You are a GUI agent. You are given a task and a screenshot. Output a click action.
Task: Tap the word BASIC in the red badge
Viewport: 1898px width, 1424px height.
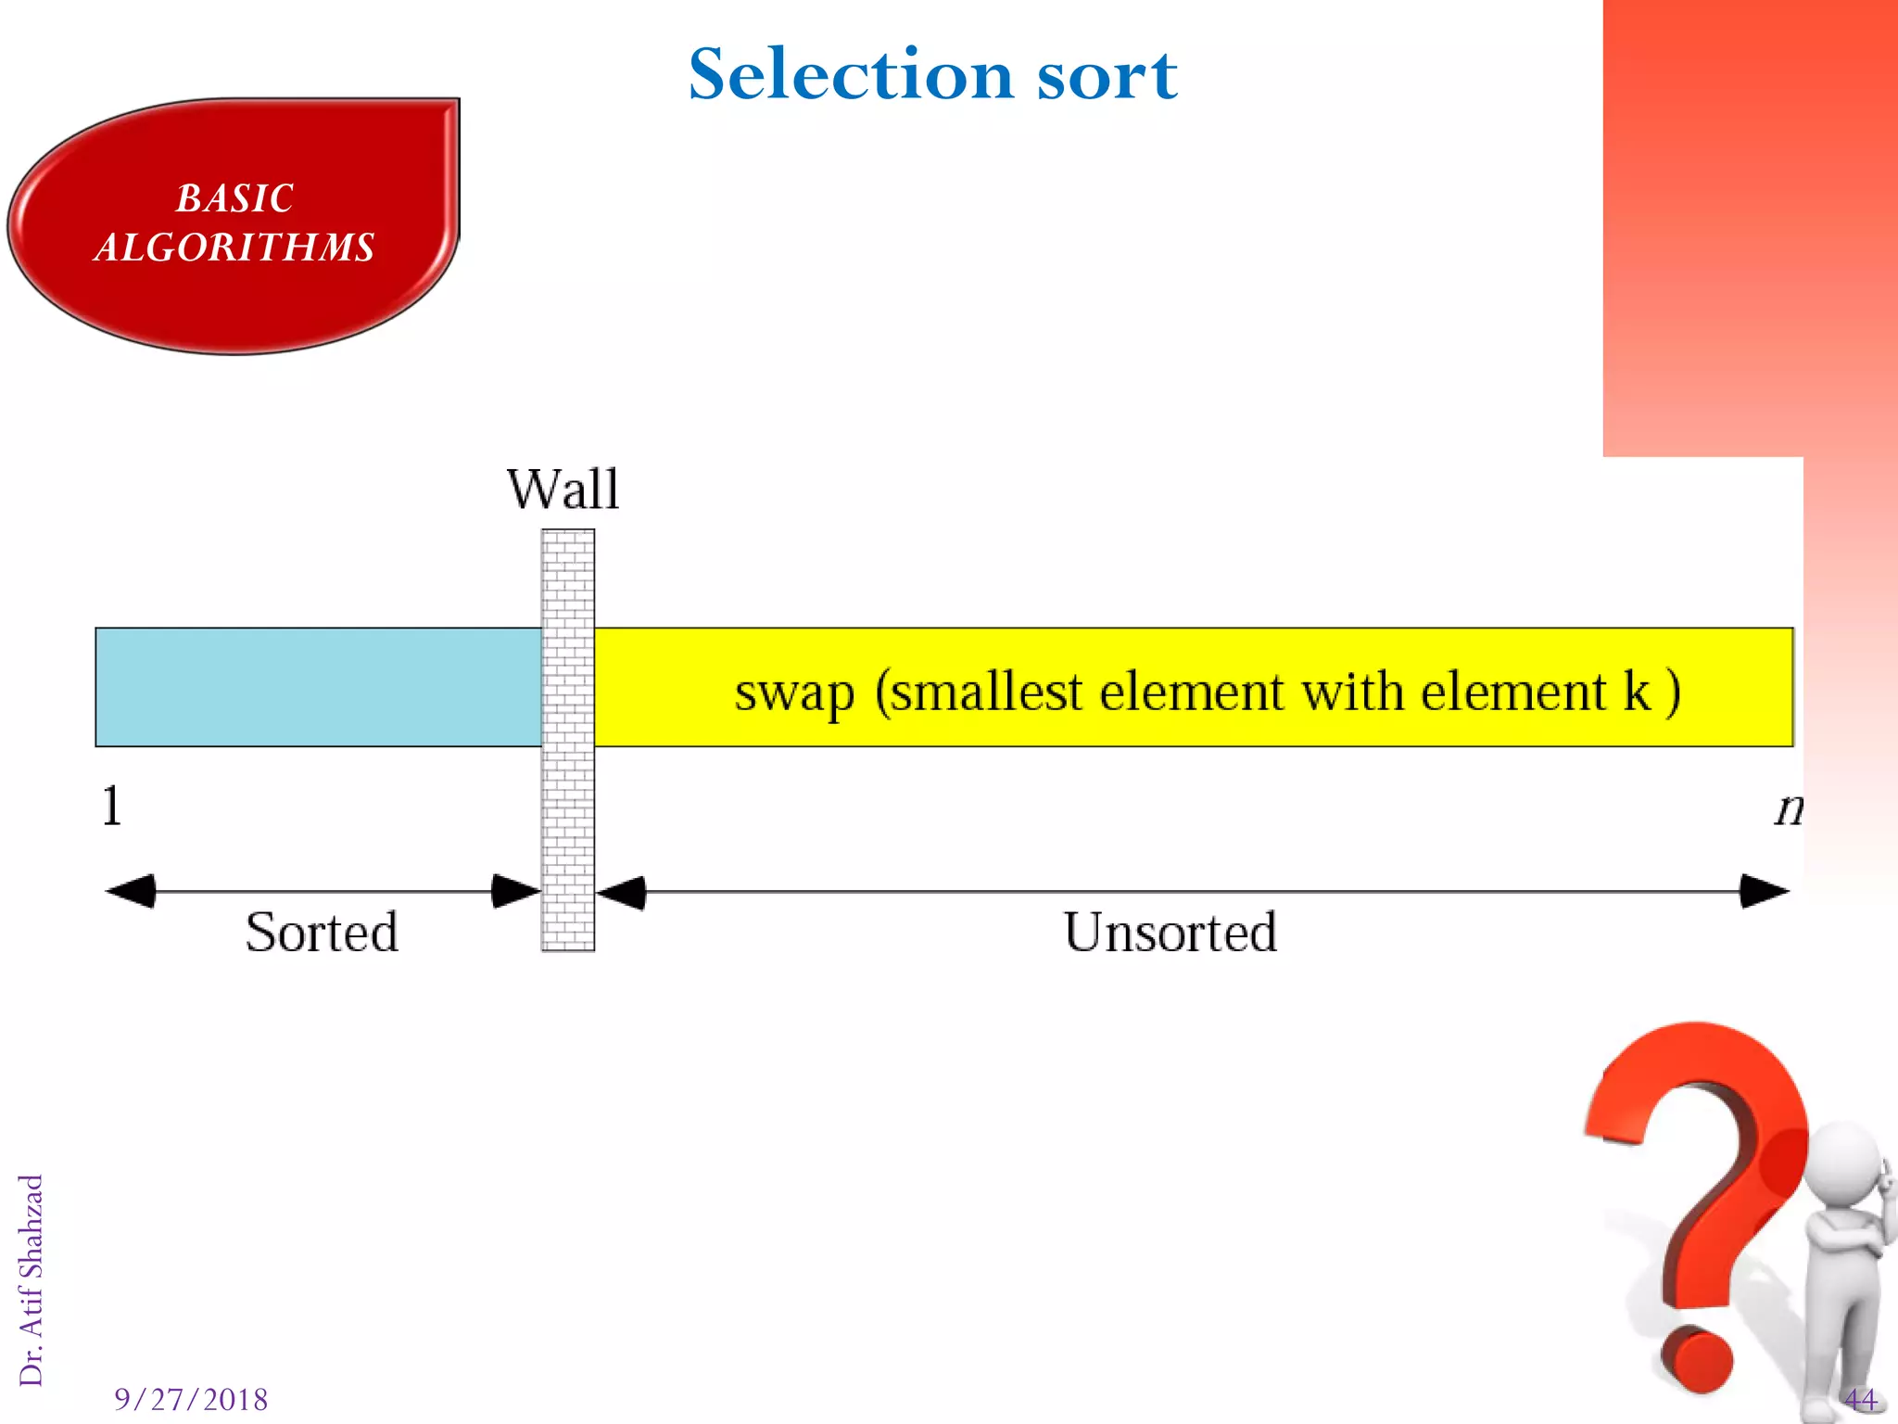click(234, 198)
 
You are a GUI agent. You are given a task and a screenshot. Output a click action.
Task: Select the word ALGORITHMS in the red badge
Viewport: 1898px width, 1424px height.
click(234, 248)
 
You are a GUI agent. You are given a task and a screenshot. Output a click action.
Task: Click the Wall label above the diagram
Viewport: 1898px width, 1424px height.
click(563, 489)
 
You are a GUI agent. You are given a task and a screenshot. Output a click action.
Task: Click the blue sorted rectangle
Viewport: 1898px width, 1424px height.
click(318, 687)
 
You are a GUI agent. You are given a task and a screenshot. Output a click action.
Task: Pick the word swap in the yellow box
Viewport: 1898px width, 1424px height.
click(794, 693)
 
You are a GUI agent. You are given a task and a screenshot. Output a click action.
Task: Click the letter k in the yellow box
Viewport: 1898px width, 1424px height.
click(1637, 691)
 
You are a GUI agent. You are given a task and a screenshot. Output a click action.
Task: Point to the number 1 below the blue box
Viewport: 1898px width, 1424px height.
click(111, 806)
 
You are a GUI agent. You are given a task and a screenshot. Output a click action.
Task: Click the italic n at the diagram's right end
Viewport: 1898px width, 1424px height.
click(1788, 808)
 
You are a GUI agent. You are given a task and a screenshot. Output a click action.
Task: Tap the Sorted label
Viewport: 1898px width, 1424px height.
click(322, 932)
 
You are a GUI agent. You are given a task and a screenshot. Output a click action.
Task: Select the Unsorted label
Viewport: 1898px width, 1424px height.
click(1170, 932)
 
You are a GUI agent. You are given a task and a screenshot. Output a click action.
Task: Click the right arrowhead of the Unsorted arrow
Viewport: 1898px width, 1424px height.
click(1765, 891)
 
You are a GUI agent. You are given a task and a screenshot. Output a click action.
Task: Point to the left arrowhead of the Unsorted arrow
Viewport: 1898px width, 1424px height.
click(621, 893)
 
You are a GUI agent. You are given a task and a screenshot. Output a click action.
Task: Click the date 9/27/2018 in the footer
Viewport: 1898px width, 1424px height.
click(191, 1399)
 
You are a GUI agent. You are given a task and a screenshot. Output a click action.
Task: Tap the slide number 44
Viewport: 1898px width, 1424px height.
click(1860, 1399)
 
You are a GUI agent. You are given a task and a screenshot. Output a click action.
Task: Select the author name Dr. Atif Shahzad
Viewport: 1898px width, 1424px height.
click(31, 1279)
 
